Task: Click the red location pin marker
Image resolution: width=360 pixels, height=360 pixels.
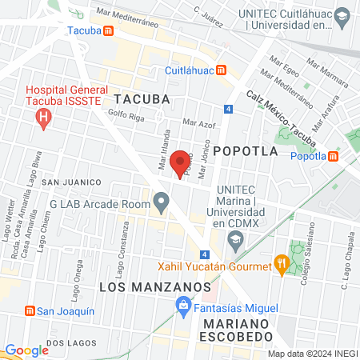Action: tap(181, 162)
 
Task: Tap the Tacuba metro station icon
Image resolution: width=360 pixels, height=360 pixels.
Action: tap(118, 31)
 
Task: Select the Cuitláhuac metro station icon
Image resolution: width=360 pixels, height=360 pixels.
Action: tap(221, 70)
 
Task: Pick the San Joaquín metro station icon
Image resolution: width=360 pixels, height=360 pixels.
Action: tap(30, 310)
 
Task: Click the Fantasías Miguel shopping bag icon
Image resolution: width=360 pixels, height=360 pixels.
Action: tap(183, 306)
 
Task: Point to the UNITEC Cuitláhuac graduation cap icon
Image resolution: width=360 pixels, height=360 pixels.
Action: tap(342, 17)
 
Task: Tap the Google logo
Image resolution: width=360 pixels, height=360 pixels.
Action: tap(26, 350)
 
